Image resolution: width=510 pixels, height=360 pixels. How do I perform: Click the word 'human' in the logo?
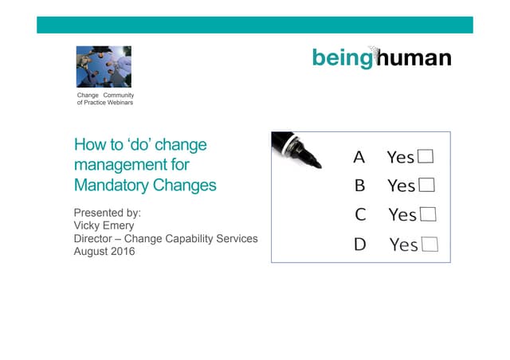[414, 57]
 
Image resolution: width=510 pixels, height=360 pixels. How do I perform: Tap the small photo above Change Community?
[104, 67]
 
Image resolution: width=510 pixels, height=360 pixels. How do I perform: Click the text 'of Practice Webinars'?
[104, 103]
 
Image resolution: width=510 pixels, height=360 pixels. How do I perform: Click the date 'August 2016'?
[104, 252]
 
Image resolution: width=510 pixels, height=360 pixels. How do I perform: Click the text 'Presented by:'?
[108, 213]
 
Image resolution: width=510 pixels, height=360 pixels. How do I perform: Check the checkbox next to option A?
[426, 156]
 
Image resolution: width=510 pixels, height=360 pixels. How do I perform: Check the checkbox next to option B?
[426, 186]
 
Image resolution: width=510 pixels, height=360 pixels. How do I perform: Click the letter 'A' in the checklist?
[359, 157]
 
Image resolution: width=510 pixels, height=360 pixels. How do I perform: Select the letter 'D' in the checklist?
[360, 245]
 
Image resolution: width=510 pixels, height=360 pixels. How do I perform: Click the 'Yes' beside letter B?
[401, 186]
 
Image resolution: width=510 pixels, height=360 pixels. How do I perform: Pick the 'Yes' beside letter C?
[402, 215]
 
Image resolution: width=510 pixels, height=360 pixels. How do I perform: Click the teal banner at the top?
[255, 25]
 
